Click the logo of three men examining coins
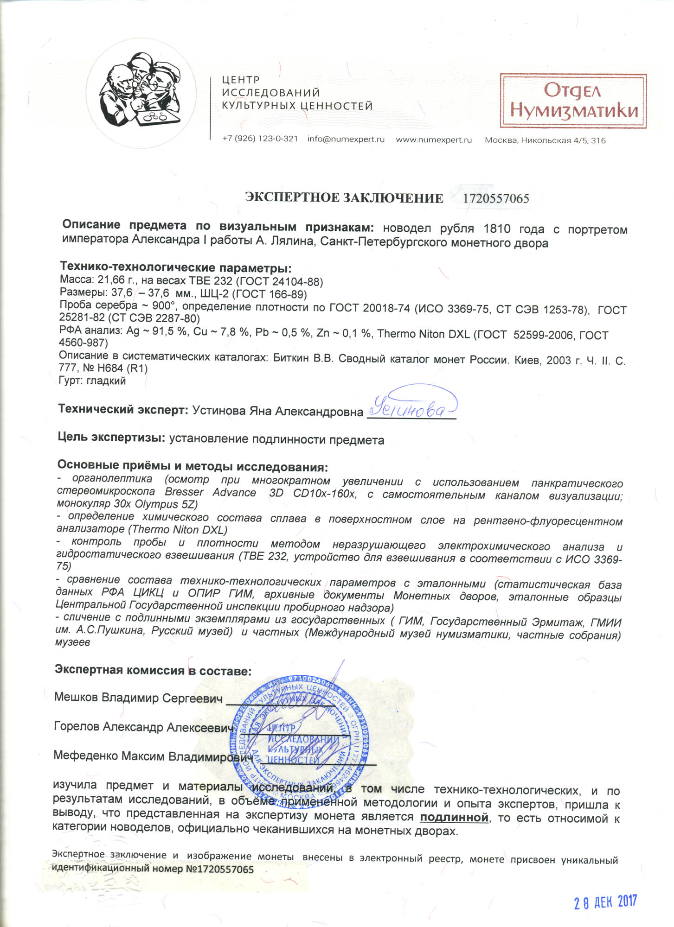click(x=140, y=97)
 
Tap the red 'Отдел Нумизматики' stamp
click(x=573, y=101)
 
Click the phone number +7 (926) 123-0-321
click(x=260, y=139)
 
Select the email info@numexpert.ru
click(x=346, y=139)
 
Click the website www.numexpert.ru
click(x=433, y=140)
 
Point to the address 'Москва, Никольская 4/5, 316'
click(x=545, y=140)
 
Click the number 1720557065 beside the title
click(x=496, y=199)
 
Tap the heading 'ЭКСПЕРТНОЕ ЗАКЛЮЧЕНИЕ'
click(x=344, y=198)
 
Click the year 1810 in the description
click(x=497, y=229)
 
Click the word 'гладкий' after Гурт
click(x=106, y=381)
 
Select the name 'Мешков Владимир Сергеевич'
click(x=138, y=698)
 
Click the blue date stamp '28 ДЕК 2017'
click(x=605, y=902)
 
